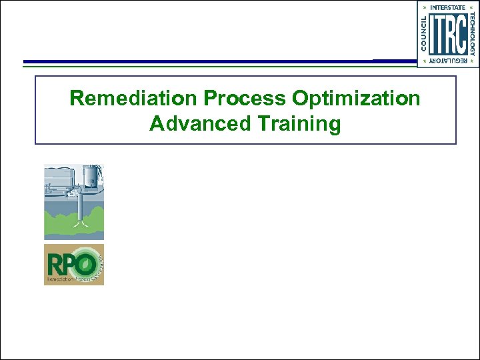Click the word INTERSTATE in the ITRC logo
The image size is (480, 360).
click(448, 7)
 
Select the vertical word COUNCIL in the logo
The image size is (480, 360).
click(423, 34)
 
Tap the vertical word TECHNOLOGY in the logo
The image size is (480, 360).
click(473, 34)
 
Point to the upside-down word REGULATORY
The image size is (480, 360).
click(448, 61)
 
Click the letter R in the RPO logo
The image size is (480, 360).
click(54, 265)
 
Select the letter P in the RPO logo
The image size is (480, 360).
click(69, 265)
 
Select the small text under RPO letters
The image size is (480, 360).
click(70, 279)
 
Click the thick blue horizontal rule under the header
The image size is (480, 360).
click(200, 62)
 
